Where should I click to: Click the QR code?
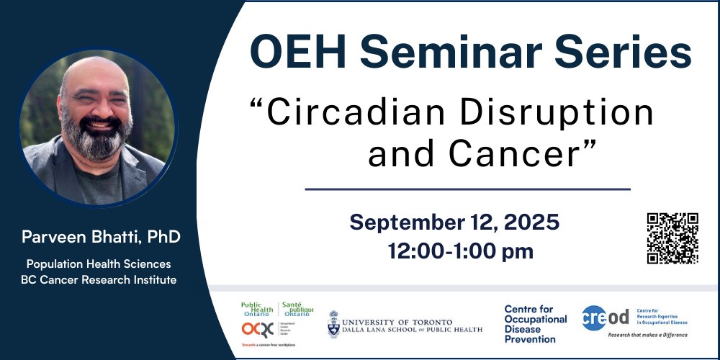coord(672,238)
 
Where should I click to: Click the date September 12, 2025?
coord(454,222)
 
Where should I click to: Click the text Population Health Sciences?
coord(99,264)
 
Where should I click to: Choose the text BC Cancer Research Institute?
coord(99,279)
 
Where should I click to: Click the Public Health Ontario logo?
coord(276,309)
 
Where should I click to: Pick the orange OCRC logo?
coord(256,330)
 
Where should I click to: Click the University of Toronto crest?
coord(334,324)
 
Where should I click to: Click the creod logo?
coord(606,317)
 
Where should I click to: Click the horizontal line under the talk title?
coord(467,189)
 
